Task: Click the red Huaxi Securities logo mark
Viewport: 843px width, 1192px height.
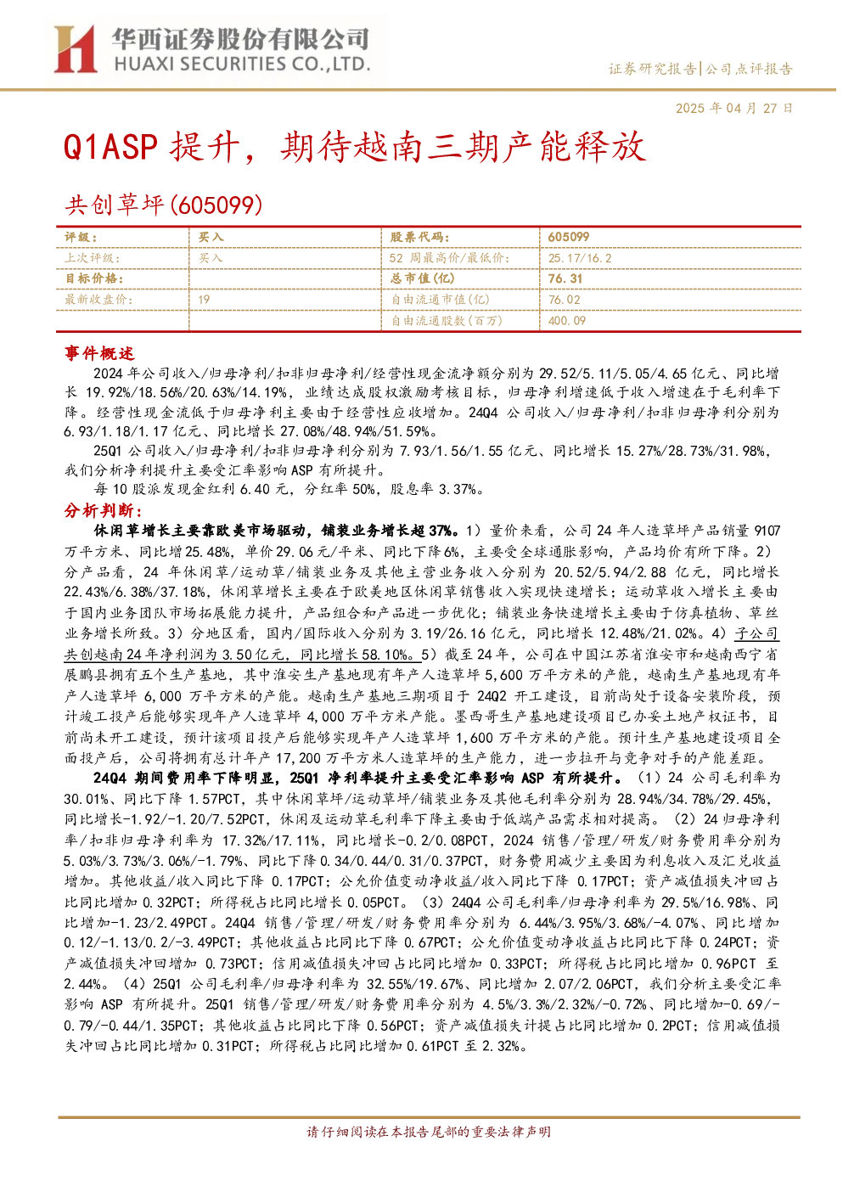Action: click(x=75, y=48)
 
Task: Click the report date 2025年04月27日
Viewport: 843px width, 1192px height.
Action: click(x=733, y=108)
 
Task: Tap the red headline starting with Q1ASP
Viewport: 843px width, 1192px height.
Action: click(x=355, y=147)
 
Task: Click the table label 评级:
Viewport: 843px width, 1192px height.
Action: click(x=81, y=238)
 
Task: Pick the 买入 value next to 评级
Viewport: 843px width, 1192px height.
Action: click(x=211, y=238)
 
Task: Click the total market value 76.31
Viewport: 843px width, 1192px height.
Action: click(x=565, y=278)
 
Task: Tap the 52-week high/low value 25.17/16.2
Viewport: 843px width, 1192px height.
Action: click(x=580, y=258)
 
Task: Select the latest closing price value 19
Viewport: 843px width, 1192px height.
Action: click(x=204, y=300)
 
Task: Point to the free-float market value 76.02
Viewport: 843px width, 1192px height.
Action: click(x=565, y=300)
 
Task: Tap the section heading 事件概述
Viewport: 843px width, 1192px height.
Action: click(x=99, y=353)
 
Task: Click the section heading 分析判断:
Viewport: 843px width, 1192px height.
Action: click(x=104, y=511)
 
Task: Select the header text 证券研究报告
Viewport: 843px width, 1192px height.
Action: click(x=652, y=69)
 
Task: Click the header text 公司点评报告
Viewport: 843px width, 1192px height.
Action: click(x=749, y=69)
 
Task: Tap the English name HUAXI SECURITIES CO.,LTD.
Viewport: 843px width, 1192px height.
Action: click(x=242, y=65)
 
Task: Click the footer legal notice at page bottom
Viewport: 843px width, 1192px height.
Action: click(x=429, y=1132)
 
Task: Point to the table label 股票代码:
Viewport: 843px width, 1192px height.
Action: click(x=420, y=238)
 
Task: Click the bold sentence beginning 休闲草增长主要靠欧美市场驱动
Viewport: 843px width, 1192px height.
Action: click(x=277, y=531)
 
